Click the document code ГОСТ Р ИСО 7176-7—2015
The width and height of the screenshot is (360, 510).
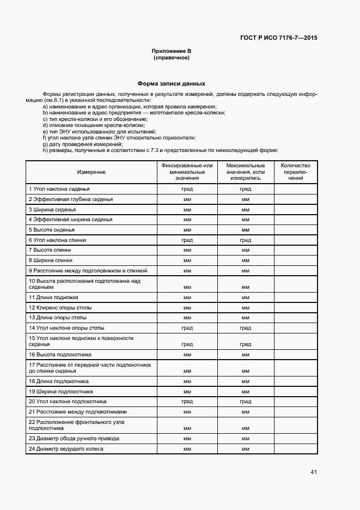278,38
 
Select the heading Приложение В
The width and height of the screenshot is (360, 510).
171,51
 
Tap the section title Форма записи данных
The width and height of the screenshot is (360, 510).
171,84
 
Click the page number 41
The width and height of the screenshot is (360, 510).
313,472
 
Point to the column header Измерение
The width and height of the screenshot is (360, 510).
91,172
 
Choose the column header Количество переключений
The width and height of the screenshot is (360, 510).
295,172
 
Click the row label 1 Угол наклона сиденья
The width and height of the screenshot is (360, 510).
59,189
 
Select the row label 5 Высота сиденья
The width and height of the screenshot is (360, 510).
51,230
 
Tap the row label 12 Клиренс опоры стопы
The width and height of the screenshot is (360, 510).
60,307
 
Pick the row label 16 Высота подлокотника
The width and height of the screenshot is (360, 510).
60,355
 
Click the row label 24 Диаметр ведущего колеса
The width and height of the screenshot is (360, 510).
66,449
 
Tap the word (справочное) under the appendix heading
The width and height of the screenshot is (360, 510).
171,57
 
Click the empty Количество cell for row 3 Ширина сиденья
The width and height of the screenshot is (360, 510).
295,209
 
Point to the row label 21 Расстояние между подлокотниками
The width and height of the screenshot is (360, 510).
78,412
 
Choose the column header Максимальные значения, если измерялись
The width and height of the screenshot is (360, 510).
245,172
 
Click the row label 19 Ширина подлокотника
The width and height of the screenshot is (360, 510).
60,391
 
